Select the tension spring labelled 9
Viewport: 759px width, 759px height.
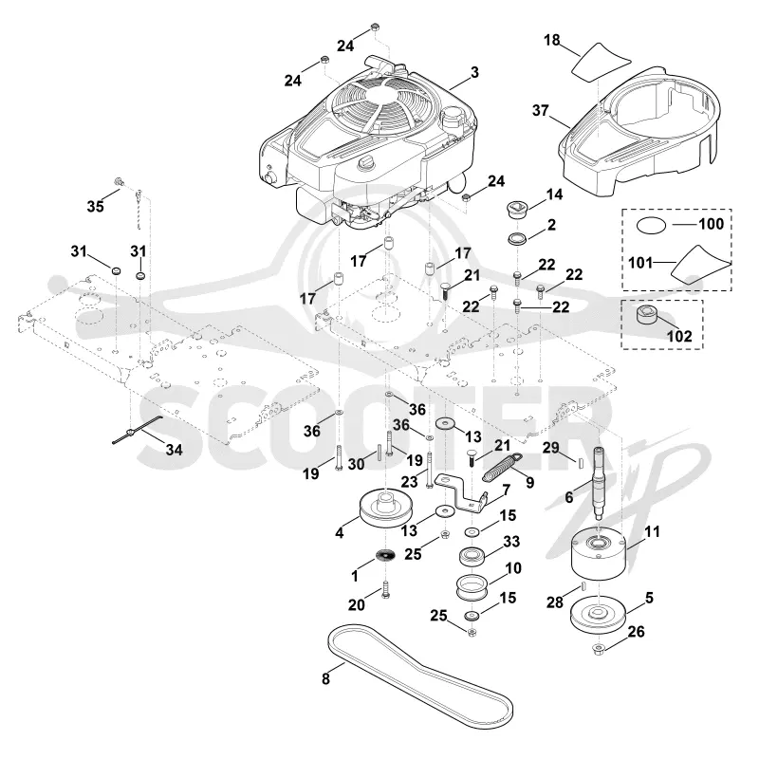(x=503, y=467)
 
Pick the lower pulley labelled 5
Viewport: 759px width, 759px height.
(x=599, y=616)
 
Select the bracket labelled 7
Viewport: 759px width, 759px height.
(x=461, y=493)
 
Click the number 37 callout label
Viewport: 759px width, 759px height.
(x=540, y=110)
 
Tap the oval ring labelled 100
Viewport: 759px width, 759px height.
(x=651, y=225)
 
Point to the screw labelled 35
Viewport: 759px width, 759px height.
(x=118, y=181)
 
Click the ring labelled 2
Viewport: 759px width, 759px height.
(x=517, y=238)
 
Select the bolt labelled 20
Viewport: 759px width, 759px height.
(x=385, y=590)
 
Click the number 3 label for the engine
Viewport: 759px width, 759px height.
(x=474, y=72)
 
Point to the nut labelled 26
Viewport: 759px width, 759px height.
(x=599, y=649)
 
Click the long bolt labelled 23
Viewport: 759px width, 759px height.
(x=430, y=470)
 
